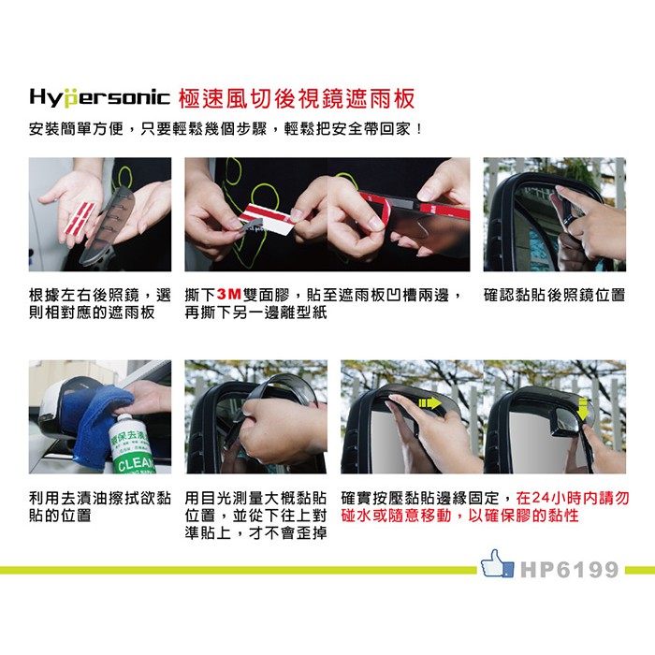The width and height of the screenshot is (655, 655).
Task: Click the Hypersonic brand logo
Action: click(x=100, y=97)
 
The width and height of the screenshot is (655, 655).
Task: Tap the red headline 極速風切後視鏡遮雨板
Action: click(x=297, y=98)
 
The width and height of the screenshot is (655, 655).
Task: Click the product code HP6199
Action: click(x=569, y=570)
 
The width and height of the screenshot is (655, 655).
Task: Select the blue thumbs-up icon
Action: click(x=497, y=563)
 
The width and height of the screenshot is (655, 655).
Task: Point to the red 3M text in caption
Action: click(x=229, y=295)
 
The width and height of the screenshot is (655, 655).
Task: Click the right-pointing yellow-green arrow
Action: click(x=429, y=402)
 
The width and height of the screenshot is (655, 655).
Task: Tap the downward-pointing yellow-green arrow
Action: click(x=581, y=409)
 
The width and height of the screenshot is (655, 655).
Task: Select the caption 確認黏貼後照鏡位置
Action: click(x=554, y=295)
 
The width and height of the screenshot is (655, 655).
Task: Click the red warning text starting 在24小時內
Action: click(x=485, y=507)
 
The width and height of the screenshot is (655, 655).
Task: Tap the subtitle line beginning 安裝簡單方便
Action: click(x=226, y=129)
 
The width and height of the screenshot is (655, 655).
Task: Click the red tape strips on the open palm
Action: click(x=80, y=217)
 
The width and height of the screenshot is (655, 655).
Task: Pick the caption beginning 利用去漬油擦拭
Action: click(x=100, y=507)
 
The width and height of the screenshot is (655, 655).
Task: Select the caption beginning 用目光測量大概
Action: click(x=255, y=516)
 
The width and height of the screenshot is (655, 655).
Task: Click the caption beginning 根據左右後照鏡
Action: click(x=100, y=304)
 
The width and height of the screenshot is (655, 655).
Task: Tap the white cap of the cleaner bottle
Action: click(x=124, y=421)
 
